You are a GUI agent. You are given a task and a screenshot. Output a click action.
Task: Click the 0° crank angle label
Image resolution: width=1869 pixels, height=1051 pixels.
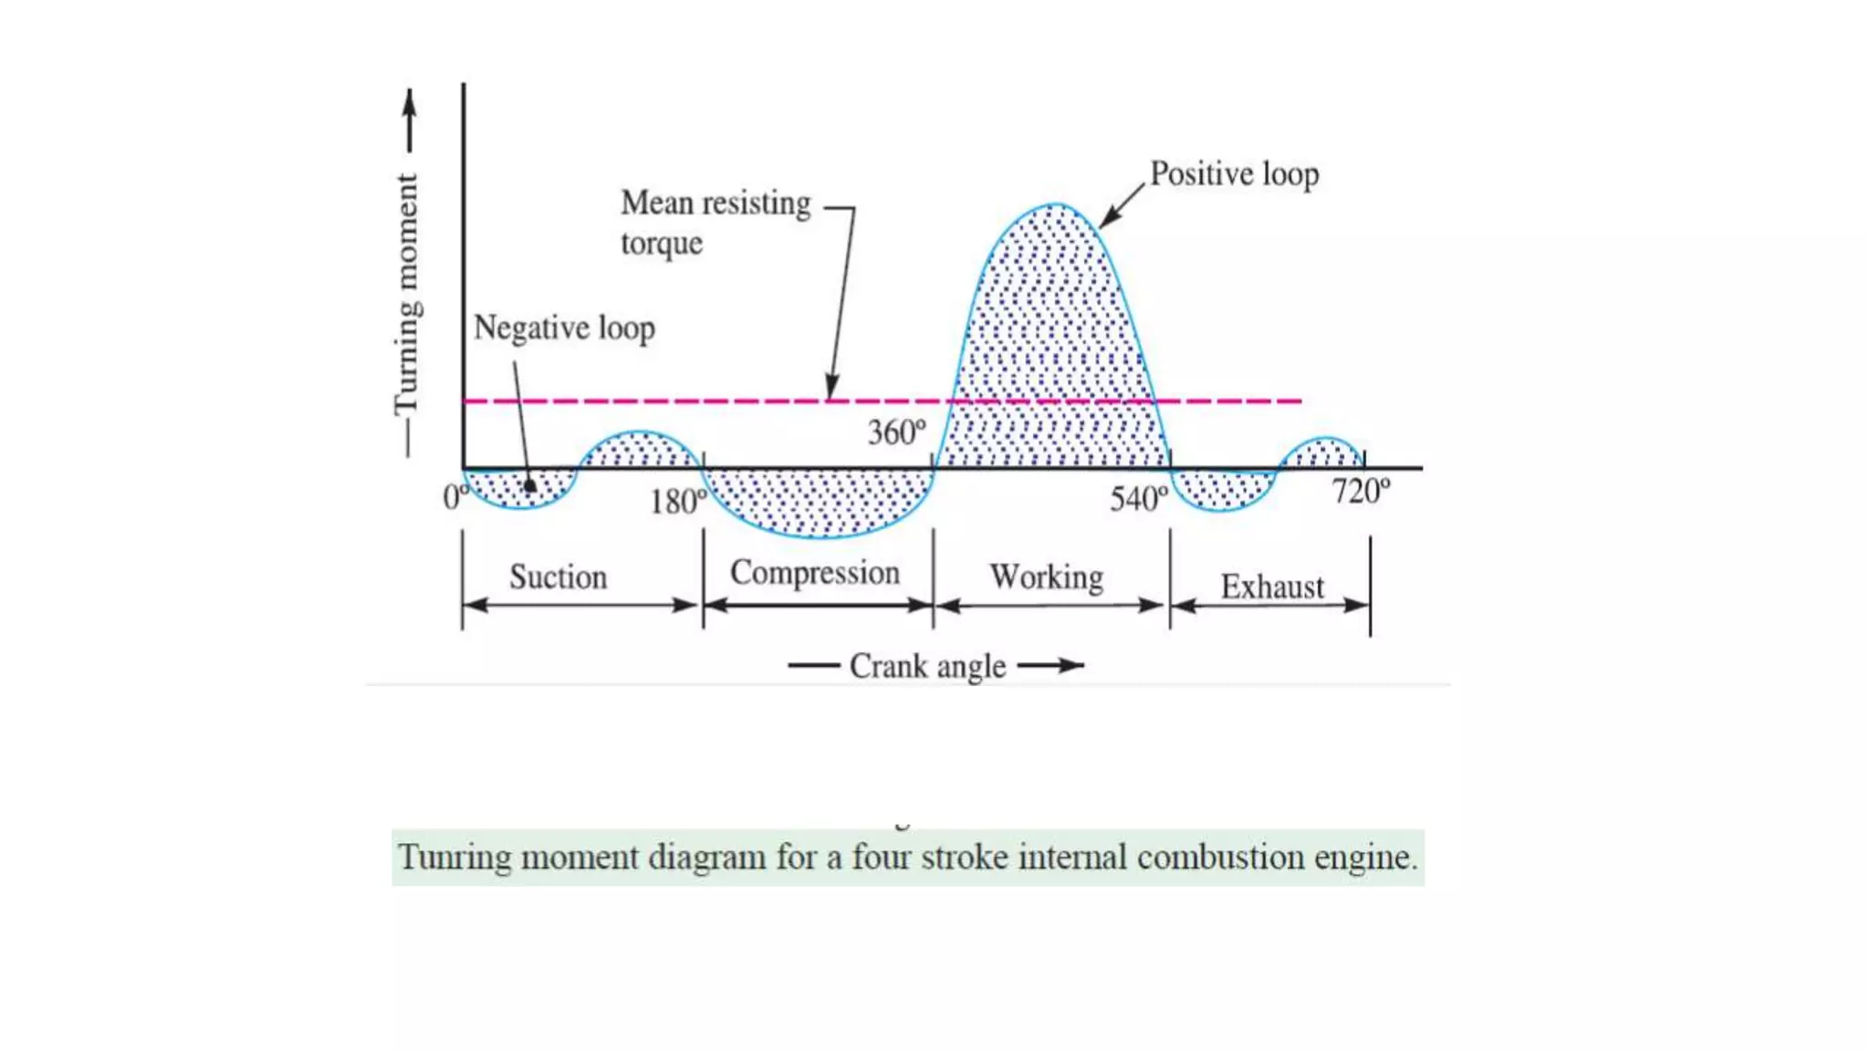pyautogui.click(x=454, y=497)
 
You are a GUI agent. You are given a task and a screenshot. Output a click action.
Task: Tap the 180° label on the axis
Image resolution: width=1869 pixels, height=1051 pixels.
pyautogui.click(x=677, y=502)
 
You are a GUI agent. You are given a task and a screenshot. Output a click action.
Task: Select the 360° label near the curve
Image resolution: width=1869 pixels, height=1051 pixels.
pyautogui.click(x=896, y=432)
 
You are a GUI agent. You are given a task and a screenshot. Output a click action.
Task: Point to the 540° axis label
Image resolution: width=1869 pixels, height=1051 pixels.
pyautogui.click(x=1138, y=499)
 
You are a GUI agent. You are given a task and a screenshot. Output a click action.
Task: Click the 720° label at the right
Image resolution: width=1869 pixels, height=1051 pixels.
pyautogui.click(x=1360, y=492)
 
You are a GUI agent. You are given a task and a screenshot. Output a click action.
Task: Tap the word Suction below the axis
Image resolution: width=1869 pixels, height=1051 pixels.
pyautogui.click(x=558, y=578)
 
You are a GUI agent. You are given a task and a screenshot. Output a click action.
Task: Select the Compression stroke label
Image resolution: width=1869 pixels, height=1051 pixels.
pyautogui.click(x=815, y=573)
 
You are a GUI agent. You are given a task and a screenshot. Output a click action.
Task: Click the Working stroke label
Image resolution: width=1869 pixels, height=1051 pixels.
pyautogui.click(x=1047, y=577)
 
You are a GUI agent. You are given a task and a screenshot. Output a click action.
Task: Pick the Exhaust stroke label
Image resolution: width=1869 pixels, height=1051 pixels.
pyautogui.click(x=1272, y=587)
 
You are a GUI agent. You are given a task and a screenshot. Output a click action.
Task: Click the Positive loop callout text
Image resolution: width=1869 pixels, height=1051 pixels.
pyautogui.click(x=1234, y=173)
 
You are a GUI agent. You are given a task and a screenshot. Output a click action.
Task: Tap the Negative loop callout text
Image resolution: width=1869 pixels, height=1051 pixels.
pyautogui.click(x=564, y=328)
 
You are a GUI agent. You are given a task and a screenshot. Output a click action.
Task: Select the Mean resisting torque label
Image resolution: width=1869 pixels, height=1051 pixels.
pyautogui.click(x=715, y=222)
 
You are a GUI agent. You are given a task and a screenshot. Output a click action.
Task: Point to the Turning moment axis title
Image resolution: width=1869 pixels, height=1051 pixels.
pyautogui.click(x=406, y=292)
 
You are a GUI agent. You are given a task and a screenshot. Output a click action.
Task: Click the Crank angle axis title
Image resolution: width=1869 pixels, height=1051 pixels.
pyautogui.click(x=927, y=666)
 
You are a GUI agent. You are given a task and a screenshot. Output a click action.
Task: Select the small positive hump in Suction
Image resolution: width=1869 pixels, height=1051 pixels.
pyautogui.click(x=640, y=449)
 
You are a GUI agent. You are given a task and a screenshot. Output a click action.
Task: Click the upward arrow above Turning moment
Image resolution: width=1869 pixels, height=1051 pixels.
pyautogui.click(x=410, y=119)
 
